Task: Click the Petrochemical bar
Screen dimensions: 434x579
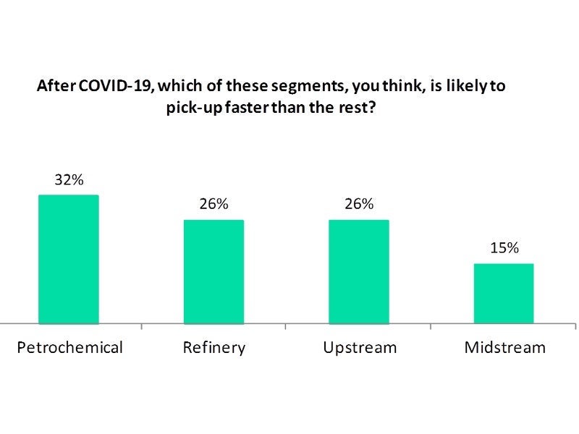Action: tap(68, 259)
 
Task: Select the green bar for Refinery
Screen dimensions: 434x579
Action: tap(214, 271)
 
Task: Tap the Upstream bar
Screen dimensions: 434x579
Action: tap(359, 271)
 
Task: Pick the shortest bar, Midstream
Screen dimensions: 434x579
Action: tap(504, 293)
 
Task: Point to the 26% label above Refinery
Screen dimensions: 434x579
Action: tap(214, 205)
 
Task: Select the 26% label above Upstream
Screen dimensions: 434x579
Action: tap(359, 205)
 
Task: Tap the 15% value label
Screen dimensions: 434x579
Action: tap(504, 248)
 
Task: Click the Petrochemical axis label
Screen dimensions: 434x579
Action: tap(69, 348)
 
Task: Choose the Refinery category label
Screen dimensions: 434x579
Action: tap(214, 348)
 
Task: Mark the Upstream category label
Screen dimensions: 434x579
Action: tap(360, 348)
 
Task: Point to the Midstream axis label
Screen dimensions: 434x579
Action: tap(504, 348)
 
